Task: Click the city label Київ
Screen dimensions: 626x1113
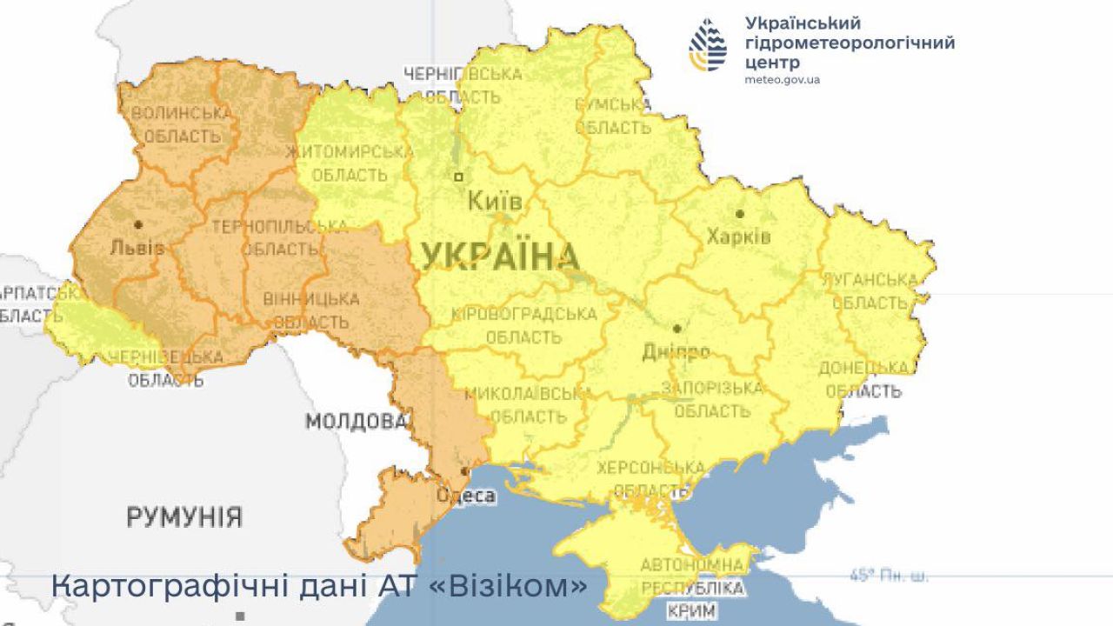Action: click(x=495, y=202)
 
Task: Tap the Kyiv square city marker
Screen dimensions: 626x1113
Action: click(x=459, y=176)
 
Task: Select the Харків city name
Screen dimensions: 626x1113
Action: click(x=738, y=236)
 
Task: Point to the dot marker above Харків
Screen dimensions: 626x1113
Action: click(x=740, y=213)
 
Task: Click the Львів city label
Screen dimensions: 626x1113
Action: click(x=137, y=248)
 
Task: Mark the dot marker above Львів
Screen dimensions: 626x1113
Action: click(x=137, y=224)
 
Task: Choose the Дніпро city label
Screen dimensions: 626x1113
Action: click(x=675, y=352)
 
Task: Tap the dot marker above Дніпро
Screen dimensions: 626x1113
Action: click(x=676, y=329)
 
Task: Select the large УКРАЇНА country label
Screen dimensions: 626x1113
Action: click(x=500, y=257)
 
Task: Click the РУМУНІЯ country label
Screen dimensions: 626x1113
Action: click(x=184, y=517)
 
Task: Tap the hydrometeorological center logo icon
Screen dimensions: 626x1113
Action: click(x=708, y=44)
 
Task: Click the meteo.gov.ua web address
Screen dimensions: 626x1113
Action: click(x=782, y=79)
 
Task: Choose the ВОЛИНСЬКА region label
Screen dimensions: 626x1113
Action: click(x=182, y=113)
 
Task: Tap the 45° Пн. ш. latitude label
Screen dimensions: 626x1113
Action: click(x=888, y=576)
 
